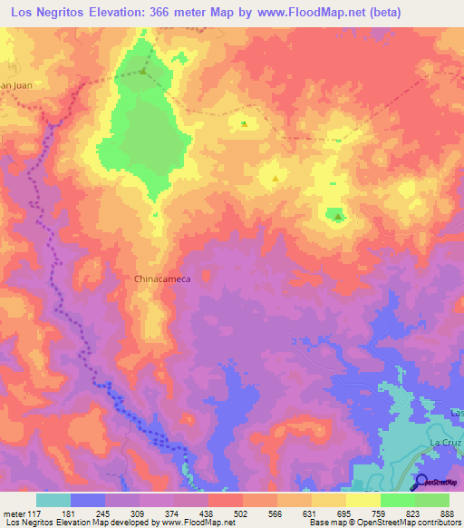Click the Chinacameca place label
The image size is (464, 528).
coord(161,280)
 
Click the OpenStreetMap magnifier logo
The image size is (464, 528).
coord(421,482)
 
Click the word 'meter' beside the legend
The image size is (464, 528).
coord(13,512)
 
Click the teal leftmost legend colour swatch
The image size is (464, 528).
coord(53,500)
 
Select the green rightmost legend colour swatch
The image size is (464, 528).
coord(431,500)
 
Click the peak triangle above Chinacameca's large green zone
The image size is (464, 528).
coord(143,70)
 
